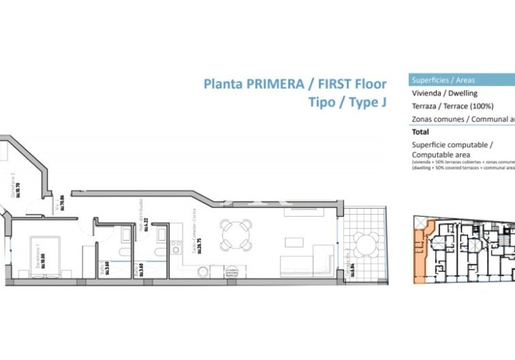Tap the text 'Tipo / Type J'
[347, 103]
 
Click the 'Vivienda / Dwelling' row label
[445, 93]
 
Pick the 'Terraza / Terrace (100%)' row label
[452, 106]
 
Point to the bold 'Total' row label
[420, 132]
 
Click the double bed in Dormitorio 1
[42, 256]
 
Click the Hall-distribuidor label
[140, 218]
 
